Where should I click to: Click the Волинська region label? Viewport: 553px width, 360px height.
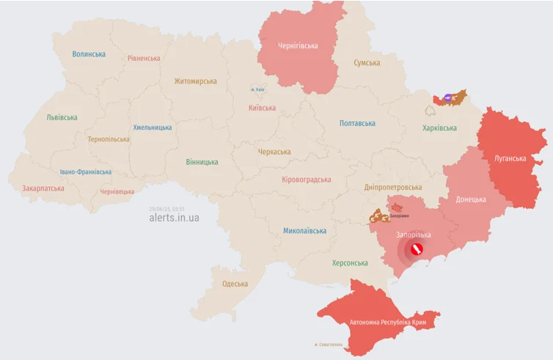pos(89,54)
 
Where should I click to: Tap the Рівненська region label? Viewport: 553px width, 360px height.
pos(144,58)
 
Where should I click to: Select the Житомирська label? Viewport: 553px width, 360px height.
pos(195,81)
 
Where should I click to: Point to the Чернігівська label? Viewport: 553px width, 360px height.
pos(298,45)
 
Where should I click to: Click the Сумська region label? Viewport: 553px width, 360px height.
pos(367,63)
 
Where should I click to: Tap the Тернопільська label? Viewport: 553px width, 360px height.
pos(109,139)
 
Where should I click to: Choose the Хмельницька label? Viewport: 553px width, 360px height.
pos(153,128)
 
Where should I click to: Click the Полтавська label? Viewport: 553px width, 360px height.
pos(357,124)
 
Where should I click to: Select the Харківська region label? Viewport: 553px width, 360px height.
pos(439,128)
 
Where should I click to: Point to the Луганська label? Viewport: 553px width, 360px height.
pos(510,158)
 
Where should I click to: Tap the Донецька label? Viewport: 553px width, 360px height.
pos(470,199)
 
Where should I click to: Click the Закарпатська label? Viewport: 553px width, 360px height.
pos(43,188)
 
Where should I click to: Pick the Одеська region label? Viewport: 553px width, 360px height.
pos(235,284)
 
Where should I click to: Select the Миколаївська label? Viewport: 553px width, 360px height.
pos(304,231)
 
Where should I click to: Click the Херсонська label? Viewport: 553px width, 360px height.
pos(350,263)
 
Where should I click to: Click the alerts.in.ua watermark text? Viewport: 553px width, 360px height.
pos(174,218)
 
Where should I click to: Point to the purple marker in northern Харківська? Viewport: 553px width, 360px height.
pos(447,98)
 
